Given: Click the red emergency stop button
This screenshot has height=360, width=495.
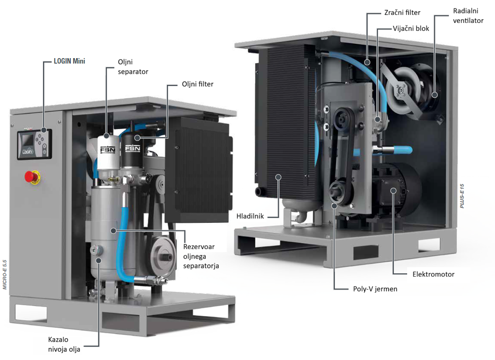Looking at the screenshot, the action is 31,177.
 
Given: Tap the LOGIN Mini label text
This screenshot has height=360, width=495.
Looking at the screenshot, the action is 69,61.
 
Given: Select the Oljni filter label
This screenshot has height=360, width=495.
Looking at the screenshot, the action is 197,84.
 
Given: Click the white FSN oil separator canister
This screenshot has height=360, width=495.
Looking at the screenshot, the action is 108,153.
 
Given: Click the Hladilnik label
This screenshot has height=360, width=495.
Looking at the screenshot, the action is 250,217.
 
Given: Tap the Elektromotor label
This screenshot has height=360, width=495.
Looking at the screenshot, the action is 433,275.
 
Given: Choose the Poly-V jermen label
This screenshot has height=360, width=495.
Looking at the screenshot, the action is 375,289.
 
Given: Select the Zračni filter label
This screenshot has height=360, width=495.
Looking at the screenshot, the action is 402,13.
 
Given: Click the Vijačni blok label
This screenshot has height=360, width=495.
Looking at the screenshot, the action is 411,29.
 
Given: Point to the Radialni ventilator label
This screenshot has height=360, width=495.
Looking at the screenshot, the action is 468,16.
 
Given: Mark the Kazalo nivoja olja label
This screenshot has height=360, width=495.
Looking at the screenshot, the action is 64,345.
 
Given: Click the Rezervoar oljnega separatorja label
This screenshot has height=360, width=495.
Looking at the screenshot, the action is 201,256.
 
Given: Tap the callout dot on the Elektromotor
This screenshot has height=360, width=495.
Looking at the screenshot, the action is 393,191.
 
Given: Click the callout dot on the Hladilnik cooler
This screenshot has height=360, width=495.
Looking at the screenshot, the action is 278,177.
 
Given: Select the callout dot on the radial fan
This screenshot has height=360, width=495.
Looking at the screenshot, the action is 435,94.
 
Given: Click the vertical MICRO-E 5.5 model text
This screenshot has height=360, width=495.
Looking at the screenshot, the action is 5,275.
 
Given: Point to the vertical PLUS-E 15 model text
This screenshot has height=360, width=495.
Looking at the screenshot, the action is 462,196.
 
